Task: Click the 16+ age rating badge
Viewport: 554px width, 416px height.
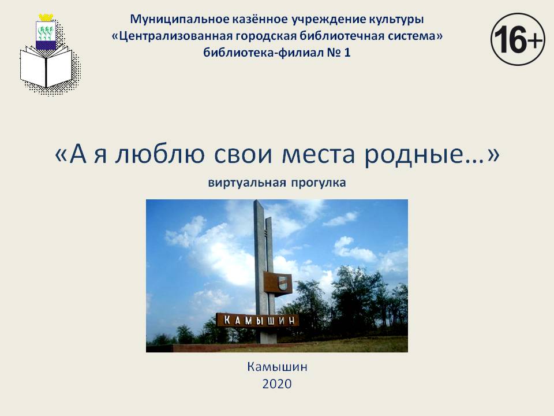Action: click(518, 39)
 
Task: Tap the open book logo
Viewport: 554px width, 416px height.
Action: click(46, 67)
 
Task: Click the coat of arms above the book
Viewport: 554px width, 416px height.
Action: click(46, 32)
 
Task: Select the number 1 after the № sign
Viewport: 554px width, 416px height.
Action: click(347, 53)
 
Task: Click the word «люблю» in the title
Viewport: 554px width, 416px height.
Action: click(160, 154)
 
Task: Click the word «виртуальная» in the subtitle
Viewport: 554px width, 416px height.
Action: click(247, 183)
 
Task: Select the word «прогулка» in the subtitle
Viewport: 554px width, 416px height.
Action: click(319, 183)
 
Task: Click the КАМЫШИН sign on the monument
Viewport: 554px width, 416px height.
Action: click(258, 320)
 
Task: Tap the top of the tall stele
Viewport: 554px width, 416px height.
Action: click(257, 202)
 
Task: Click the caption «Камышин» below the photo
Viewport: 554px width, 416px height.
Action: click(277, 367)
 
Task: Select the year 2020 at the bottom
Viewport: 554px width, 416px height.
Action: click(277, 384)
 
